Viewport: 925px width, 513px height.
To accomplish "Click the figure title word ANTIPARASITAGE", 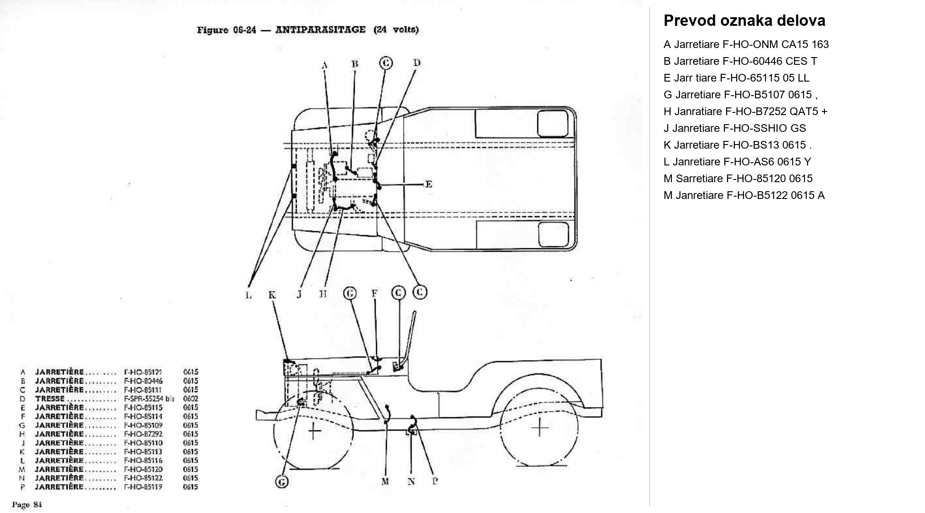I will coord(320,30).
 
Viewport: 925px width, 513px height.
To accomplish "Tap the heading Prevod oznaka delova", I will coord(744,21).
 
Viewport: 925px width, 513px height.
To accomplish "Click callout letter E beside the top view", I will coord(428,184).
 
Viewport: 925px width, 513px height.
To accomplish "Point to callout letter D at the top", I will coord(417,63).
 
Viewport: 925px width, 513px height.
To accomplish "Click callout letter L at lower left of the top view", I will coord(248,295).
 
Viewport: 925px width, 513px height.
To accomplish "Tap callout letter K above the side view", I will coord(272,295).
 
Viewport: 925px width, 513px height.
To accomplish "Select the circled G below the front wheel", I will coord(282,482).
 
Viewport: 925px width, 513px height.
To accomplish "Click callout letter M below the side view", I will coord(385,481).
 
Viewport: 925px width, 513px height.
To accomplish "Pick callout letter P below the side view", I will coord(435,481).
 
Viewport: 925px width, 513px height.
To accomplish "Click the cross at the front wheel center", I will coord(314,431).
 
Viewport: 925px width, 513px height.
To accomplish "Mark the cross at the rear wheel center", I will coord(540,427).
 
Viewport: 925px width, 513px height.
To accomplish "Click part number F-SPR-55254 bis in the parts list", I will coord(149,399).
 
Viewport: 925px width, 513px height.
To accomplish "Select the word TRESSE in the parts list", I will coord(50,399).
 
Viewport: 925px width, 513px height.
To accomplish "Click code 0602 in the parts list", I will coord(191,399).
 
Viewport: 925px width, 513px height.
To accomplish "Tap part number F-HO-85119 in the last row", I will coord(143,487).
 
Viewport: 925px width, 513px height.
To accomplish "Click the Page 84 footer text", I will coord(27,504).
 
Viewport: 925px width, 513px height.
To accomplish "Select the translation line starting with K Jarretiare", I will coord(737,145).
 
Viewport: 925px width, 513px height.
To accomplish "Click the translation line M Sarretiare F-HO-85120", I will coord(737,179).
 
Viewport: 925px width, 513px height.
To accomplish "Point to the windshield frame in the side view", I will coord(412,335).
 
